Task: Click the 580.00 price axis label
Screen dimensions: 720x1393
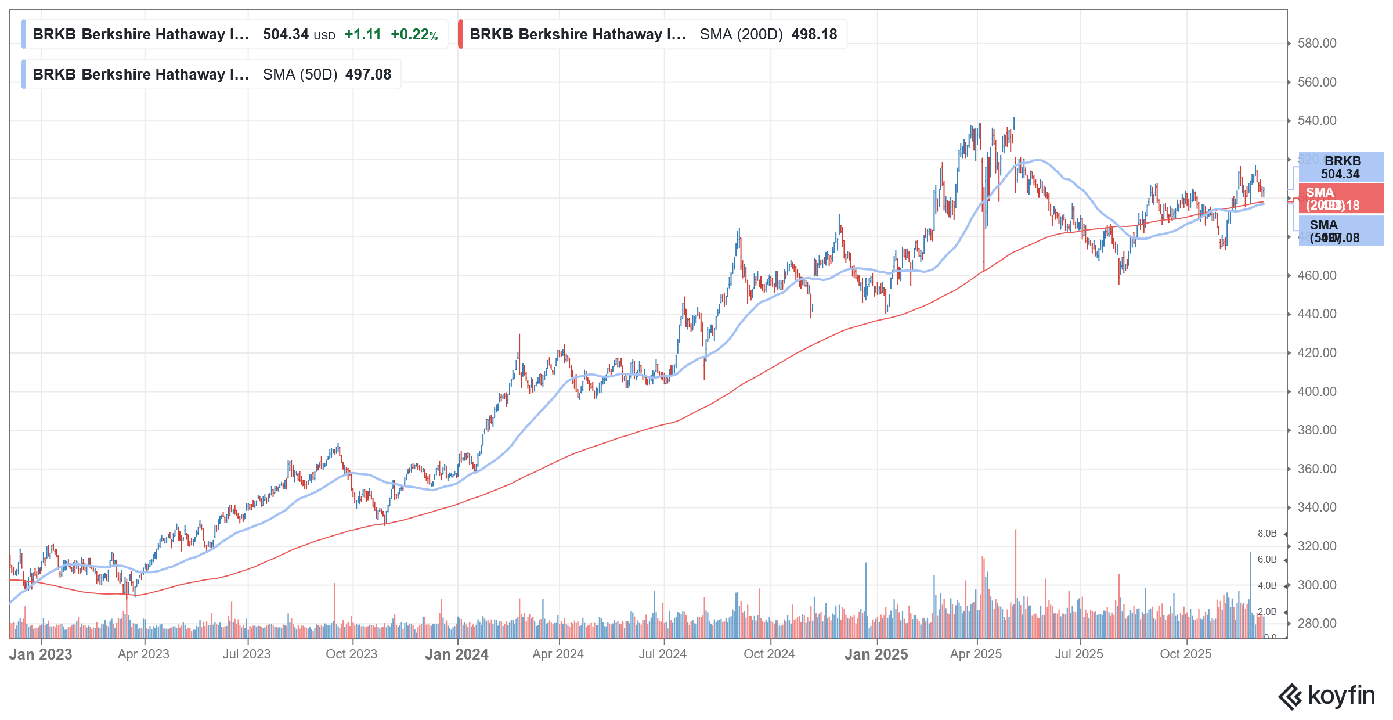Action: click(x=1316, y=44)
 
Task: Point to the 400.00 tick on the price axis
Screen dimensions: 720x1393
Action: click(x=1316, y=391)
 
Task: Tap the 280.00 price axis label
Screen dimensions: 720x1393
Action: click(x=1316, y=624)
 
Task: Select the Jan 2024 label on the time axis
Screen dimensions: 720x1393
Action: click(x=456, y=654)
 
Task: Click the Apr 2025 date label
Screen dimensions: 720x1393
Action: click(x=976, y=654)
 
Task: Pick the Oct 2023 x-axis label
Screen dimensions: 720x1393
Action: click(x=351, y=654)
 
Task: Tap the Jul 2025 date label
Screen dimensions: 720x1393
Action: click(x=1078, y=654)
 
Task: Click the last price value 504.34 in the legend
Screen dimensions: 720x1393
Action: click(x=286, y=34)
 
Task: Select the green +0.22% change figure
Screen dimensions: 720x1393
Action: click(x=414, y=34)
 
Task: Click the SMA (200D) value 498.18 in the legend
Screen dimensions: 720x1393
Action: click(x=814, y=34)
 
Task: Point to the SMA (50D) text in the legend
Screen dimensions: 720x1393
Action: click(x=299, y=74)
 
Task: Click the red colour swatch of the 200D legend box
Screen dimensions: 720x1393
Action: click(x=460, y=34)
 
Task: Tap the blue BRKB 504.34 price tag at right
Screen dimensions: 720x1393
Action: click(x=1340, y=167)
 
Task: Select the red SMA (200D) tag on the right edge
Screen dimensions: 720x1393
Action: click(x=1340, y=199)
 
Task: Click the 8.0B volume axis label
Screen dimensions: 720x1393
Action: click(x=1267, y=534)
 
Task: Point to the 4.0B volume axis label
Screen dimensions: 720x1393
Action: click(x=1267, y=586)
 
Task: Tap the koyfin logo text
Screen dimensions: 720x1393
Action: click(x=1341, y=696)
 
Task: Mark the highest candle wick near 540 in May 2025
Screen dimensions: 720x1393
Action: click(x=1014, y=118)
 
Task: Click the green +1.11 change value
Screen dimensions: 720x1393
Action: click(x=362, y=34)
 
